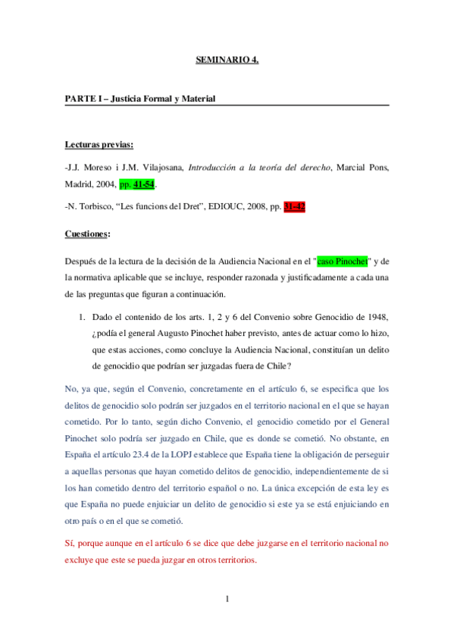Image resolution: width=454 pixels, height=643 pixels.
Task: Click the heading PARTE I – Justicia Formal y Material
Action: [140, 99]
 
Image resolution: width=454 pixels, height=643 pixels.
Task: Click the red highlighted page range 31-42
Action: [294, 207]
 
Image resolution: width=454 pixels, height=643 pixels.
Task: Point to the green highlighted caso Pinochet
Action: [342, 262]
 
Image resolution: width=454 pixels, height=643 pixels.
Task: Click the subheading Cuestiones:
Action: [88, 234]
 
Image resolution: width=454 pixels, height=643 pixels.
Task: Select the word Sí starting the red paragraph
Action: [70, 543]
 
